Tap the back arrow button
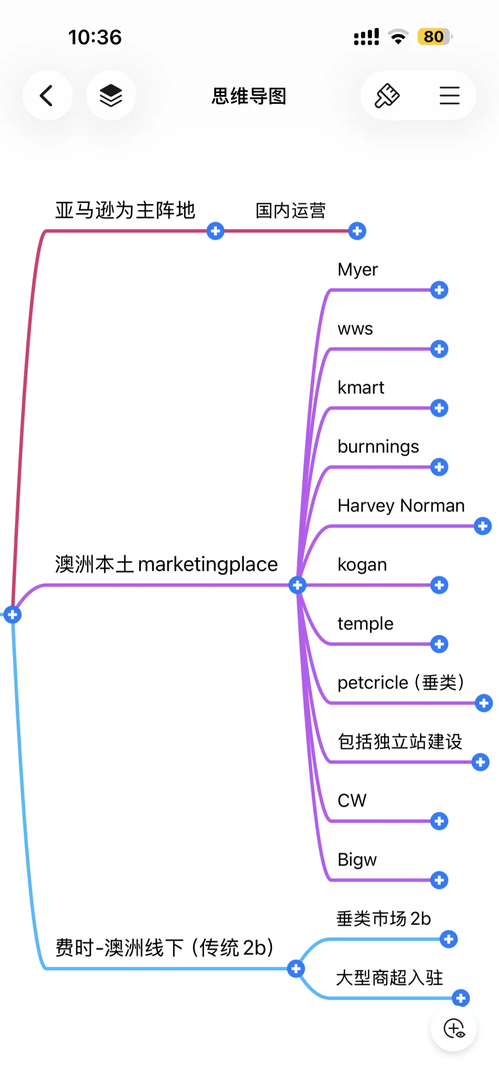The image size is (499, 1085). click(x=47, y=96)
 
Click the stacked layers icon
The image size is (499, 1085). click(x=111, y=96)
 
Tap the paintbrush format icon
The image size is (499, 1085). click(x=387, y=96)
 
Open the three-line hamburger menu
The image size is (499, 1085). click(x=450, y=96)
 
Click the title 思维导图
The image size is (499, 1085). click(x=249, y=96)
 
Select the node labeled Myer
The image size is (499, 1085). click(x=358, y=270)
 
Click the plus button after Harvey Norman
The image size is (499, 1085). click(x=483, y=526)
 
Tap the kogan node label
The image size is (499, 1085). click(x=362, y=565)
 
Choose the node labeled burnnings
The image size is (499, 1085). click(x=378, y=447)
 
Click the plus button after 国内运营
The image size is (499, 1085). click(x=357, y=231)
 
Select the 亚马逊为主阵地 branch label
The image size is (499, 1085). click(x=125, y=210)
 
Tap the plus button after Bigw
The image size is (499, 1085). click(x=439, y=880)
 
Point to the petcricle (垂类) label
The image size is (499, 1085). click(x=401, y=683)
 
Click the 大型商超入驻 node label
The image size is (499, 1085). click(x=389, y=978)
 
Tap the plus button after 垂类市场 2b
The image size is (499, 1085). click(x=449, y=939)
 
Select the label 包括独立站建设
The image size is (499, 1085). click(x=400, y=742)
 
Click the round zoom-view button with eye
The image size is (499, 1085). click(x=454, y=1029)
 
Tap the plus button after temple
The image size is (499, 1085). click(x=439, y=644)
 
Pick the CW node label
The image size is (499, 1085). click(x=352, y=801)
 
